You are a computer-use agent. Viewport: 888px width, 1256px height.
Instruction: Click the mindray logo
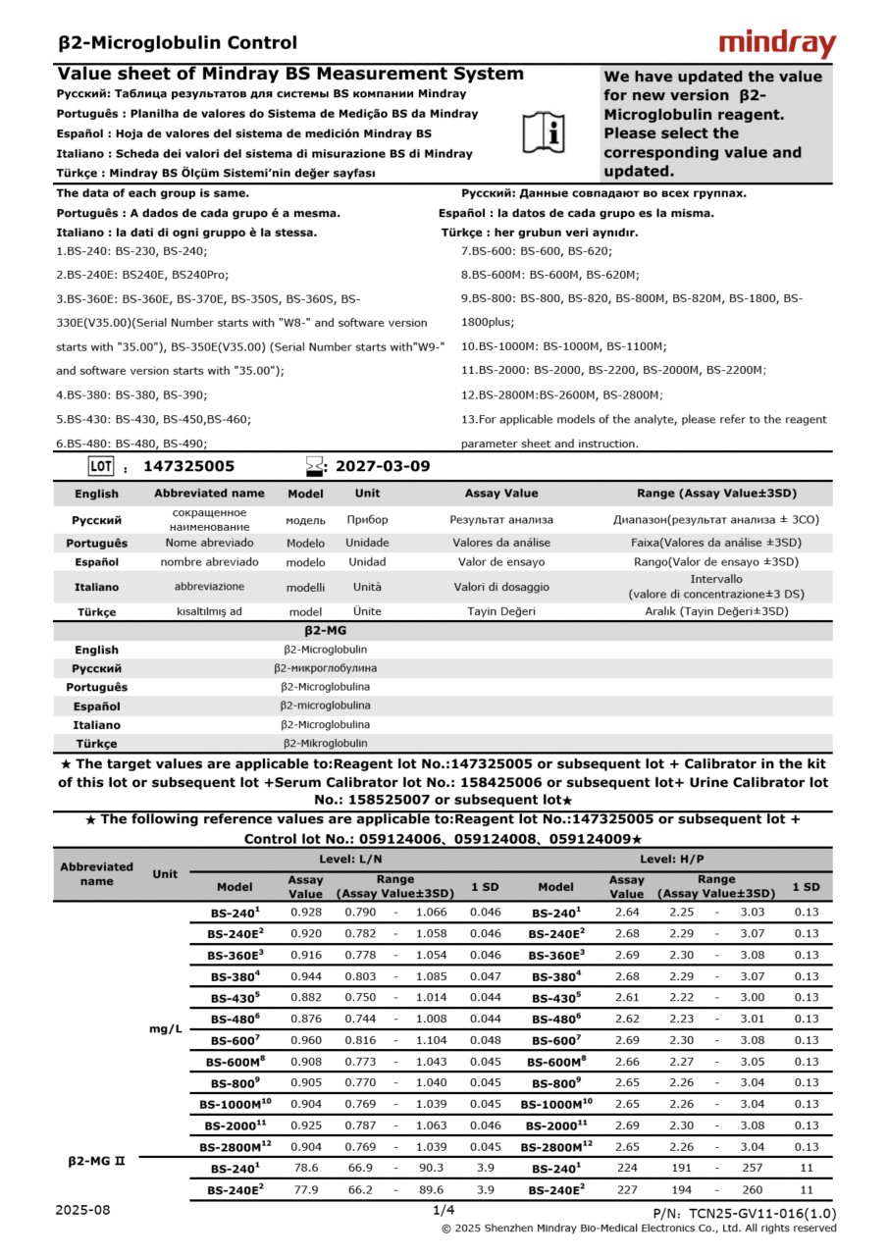click(x=777, y=44)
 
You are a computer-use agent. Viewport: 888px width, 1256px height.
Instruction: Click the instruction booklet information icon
click(x=543, y=131)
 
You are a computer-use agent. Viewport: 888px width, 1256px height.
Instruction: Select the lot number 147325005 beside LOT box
click(x=188, y=466)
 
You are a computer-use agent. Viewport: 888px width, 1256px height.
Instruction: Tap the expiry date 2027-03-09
click(x=383, y=466)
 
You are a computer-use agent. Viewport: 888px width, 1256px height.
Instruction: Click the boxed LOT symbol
click(x=101, y=466)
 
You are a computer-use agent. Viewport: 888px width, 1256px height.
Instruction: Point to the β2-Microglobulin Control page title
click(x=178, y=42)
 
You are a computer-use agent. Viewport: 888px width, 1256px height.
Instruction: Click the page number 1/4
click(x=444, y=1211)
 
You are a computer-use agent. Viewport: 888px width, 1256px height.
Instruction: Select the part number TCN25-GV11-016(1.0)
click(x=745, y=1214)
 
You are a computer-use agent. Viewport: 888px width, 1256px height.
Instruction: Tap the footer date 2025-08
click(x=83, y=1210)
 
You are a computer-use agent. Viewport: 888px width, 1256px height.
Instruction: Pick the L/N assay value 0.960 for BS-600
click(x=306, y=1040)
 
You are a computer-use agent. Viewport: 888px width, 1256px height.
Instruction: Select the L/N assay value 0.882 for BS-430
click(x=306, y=997)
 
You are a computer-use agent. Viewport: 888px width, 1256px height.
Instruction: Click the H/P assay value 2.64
click(x=627, y=912)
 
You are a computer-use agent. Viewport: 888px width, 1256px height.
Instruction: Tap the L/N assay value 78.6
click(x=306, y=1168)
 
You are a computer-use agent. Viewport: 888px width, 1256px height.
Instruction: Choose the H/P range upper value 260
click(x=753, y=1189)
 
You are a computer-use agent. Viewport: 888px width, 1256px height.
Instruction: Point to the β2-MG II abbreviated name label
click(x=96, y=1160)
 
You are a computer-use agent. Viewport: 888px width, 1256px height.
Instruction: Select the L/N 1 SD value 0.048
click(x=485, y=1040)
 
